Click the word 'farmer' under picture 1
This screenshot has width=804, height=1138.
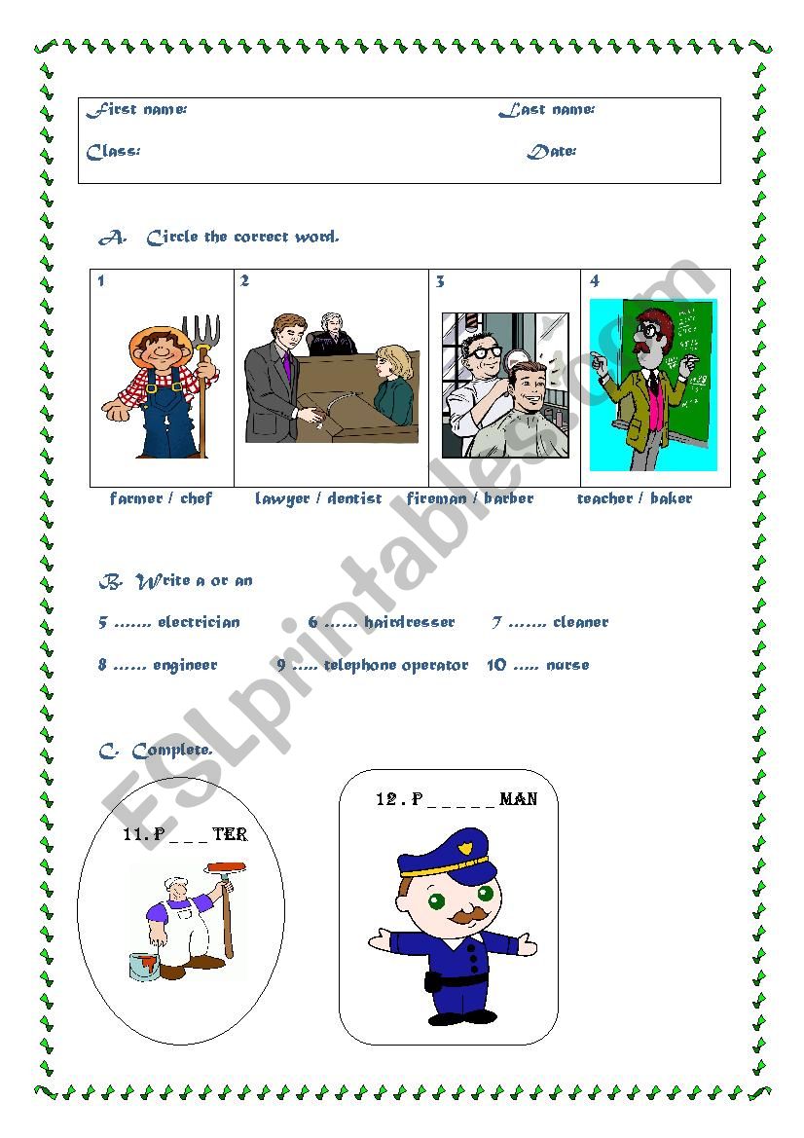point(135,498)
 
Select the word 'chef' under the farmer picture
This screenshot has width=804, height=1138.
point(196,497)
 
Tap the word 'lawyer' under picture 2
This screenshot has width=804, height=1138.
point(282,499)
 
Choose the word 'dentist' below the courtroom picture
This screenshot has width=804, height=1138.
point(354,498)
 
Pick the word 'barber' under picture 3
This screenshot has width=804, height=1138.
point(509,498)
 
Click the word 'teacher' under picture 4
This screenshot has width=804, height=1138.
point(605,498)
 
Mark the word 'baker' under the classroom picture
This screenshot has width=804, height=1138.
point(672,498)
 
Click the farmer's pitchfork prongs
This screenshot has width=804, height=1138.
point(201,331)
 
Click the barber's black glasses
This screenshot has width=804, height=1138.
point(485,351)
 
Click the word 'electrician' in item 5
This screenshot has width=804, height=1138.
point(199,622)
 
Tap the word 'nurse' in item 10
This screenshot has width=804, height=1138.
point(567,665)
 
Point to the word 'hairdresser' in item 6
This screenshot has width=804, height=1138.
point(409,622)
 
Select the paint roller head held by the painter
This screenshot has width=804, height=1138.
point(227,868)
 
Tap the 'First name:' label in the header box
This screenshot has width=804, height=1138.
point(136,110)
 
